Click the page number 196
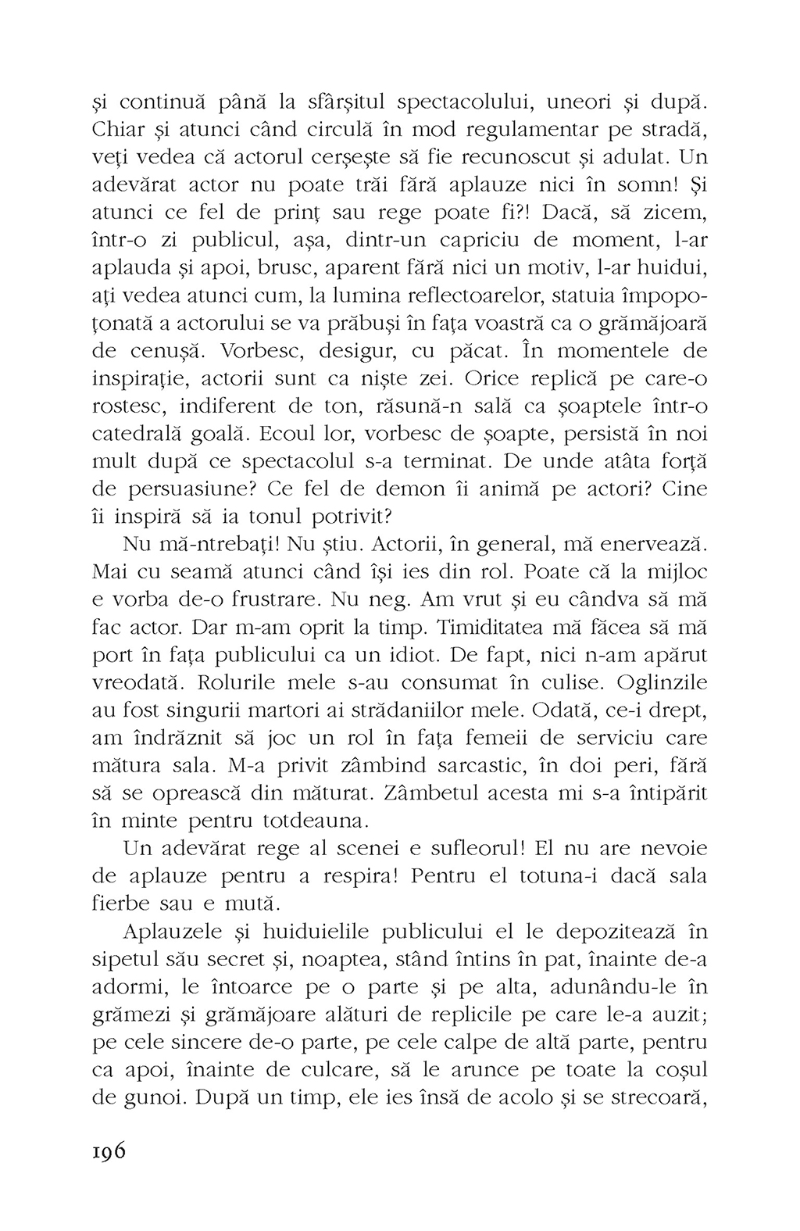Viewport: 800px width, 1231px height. pos(109,1153)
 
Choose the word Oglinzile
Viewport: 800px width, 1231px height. pos(659,683)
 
